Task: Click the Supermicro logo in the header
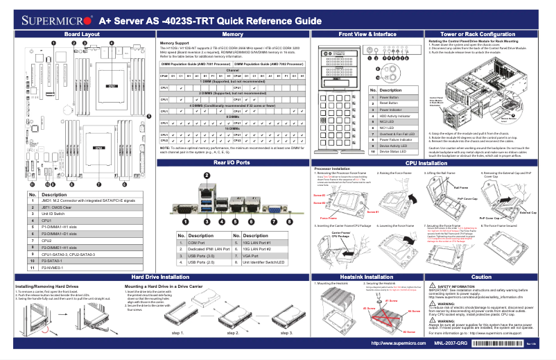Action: (52, 21)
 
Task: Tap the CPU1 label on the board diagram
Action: (112, 87)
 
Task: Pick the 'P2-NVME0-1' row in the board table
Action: (55, 267)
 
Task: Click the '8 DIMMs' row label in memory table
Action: (232, 117)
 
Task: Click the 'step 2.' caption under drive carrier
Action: (233, 332)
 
